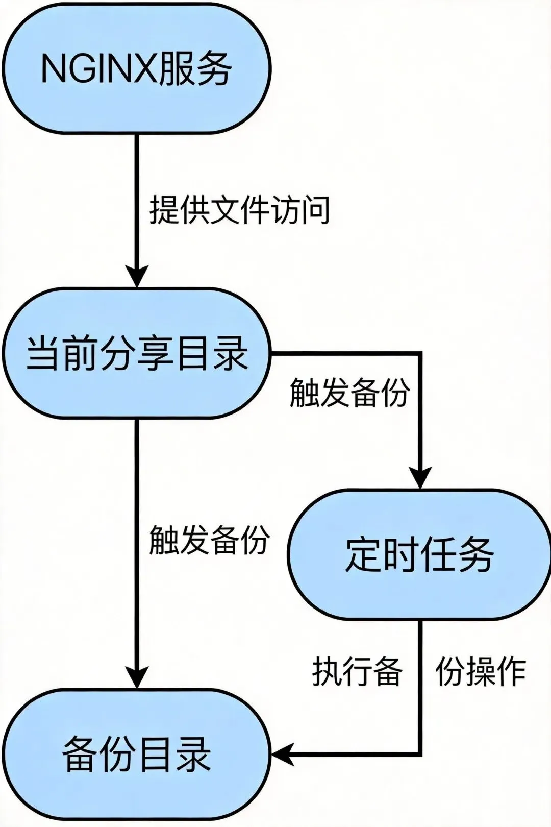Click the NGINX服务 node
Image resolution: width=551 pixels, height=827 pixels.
pyautogui.click(x=136, y=69)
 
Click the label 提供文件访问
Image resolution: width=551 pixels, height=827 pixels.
pyautogui.click(x=240, y=210)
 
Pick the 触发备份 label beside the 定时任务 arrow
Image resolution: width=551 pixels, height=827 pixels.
pyautogui.click(x=349, y=393)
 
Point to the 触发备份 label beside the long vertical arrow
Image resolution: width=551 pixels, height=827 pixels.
pyautogui.click(x=209, y=540)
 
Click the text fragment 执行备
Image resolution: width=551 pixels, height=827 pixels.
pyautogui.click(x=357, y=671)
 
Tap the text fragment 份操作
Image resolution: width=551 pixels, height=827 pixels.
pyautogui.click(x=481, y=671)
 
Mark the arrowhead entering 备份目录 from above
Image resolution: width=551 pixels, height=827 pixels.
pyautogui.click(x=136, y=679)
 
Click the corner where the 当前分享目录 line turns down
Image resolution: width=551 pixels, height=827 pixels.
pyautogui.click(x=420, y=353)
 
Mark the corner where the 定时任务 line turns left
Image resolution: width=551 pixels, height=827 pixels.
pyautogui.click(x=420, y=753)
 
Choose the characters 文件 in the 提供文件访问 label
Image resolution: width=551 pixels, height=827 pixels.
pyautogui.click(x=240, y=210)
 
